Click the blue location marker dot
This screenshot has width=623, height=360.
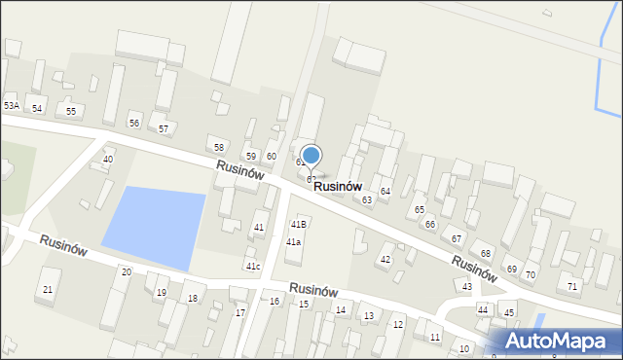pos(311,155)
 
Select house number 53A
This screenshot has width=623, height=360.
pos(12,105)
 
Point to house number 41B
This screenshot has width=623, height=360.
pos(298,225)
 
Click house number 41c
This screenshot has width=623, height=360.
pos(253,266)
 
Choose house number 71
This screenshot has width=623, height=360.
pos(572,286)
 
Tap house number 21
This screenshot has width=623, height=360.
pos(48,290)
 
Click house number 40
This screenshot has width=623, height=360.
pos(108,159)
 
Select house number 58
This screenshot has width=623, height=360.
pos(219,147)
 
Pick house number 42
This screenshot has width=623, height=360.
pos(385,260)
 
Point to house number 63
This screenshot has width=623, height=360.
pos(367,199)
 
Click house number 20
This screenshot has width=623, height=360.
pos(126,272)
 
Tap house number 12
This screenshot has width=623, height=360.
pos(397,324)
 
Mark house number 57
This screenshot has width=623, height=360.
pos(164,128)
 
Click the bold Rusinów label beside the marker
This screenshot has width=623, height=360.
pos(338,186)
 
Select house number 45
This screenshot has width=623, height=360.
pos(509,312)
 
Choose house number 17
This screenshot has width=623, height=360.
pos(240,312)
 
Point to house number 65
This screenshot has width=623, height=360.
pos(420,209)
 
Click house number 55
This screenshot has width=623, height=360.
pos(70,112)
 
